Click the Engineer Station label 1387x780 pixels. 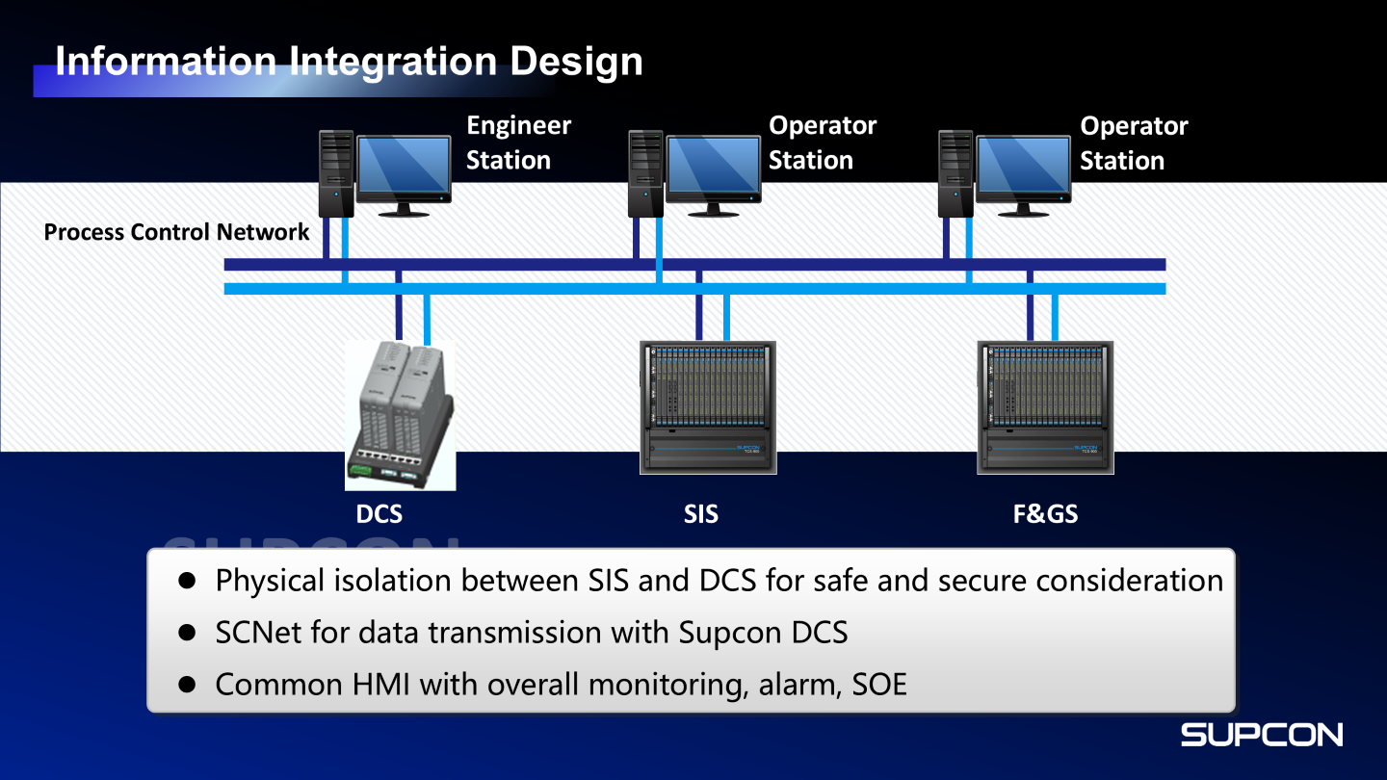pyautogui.click(x=518, y=143)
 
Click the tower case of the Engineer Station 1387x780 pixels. pyautogui.click(x=336, y=173)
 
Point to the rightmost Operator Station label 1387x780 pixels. pyautogui.click(x=1133, y=143)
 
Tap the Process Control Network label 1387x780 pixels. pyautogui.click(x=177, y=232)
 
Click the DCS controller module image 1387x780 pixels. pyautogui.click(x=400, y=415)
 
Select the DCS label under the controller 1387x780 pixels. pyautogui.click(x=379, y=514)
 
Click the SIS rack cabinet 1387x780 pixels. pyautogui.click(x=708, y=406)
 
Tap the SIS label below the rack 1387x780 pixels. pyautogui.click(x=701, y=514)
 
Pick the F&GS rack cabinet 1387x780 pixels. pyautogui.click(x=1045, y=406)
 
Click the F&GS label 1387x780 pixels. pyautogui.click(x=1045, y=514)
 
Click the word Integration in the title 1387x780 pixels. pyautogui.click(x=393, y=62)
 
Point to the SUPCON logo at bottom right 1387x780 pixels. pyautogui.click(x=1262, y=735)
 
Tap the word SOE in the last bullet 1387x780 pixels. pyautogui.click(x=879, y=685)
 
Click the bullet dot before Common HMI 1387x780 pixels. pyautogui.click(x=188, y=685)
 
